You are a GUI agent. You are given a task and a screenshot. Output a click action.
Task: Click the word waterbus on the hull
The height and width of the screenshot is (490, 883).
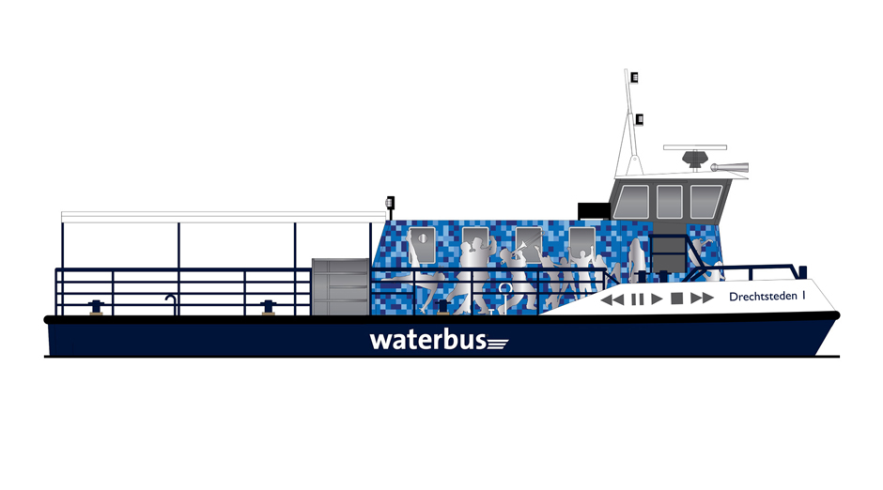428,340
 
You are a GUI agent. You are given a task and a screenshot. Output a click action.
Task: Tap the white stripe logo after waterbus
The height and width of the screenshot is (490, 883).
498,344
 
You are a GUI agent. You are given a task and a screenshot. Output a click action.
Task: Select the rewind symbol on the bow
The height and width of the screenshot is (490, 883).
612,299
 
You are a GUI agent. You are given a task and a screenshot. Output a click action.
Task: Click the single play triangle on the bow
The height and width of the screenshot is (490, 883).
657,299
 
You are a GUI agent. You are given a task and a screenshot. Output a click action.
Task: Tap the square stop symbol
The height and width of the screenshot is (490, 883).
677,299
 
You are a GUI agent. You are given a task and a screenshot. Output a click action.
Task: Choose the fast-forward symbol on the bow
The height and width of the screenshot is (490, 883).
703,298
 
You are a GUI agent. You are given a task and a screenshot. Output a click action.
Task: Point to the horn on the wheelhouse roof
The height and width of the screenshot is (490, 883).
729,167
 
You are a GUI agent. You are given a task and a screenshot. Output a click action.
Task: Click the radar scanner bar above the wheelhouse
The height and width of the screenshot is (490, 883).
695,147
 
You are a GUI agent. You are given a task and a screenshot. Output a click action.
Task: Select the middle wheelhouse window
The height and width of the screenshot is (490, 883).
670,202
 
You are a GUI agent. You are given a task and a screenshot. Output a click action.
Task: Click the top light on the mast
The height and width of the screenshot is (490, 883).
634,77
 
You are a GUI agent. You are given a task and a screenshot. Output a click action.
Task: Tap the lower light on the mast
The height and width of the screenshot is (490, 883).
639,119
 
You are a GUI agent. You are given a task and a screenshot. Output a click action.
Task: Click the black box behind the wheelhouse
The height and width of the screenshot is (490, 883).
594,211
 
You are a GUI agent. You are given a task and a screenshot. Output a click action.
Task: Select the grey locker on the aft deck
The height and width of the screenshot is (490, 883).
341,287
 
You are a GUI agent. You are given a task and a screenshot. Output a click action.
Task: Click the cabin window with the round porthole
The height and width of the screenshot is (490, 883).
423,245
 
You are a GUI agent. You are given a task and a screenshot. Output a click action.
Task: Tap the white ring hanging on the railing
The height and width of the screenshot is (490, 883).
505,288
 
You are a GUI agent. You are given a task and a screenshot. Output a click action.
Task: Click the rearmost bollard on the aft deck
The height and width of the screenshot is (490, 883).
97,308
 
